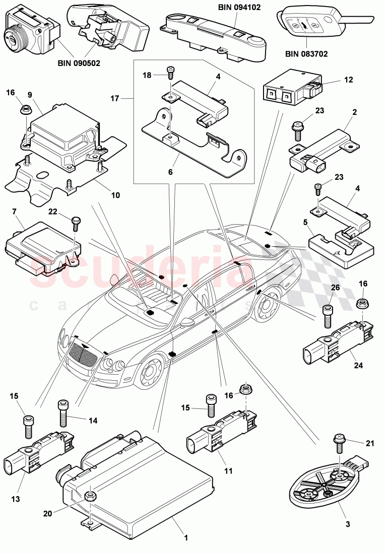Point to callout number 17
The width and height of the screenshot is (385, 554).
(x=114, y=99)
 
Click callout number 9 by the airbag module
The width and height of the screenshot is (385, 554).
(x=30, y=94)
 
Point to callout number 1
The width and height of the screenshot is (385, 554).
(x=185, y=538)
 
